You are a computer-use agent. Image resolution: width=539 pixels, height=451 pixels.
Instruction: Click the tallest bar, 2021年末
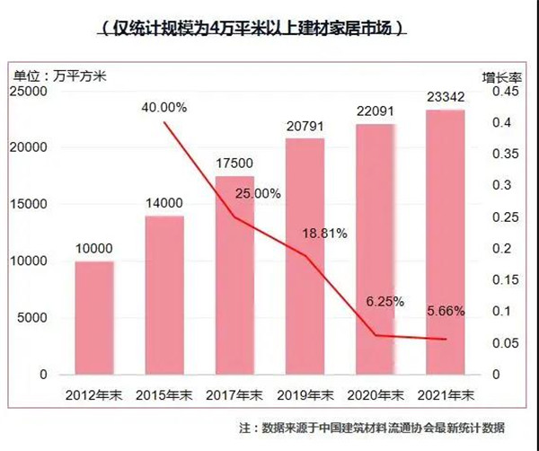445,242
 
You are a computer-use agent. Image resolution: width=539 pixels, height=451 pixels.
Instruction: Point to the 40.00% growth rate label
164,108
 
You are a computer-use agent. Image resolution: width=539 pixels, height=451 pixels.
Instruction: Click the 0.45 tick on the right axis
507,92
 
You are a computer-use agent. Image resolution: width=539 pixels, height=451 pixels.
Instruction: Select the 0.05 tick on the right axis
507,342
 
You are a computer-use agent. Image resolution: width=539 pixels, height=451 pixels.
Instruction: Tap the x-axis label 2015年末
164,394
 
